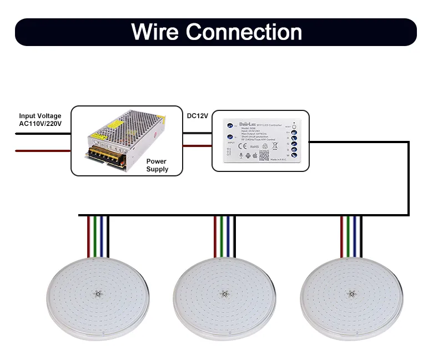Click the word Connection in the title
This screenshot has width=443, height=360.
(244, 32)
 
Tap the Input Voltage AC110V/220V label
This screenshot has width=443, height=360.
(40, 120)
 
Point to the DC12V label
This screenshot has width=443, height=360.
(197, 116)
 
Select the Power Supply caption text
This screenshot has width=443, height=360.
(157, 165)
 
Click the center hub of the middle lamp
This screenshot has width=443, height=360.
(224, 294)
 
